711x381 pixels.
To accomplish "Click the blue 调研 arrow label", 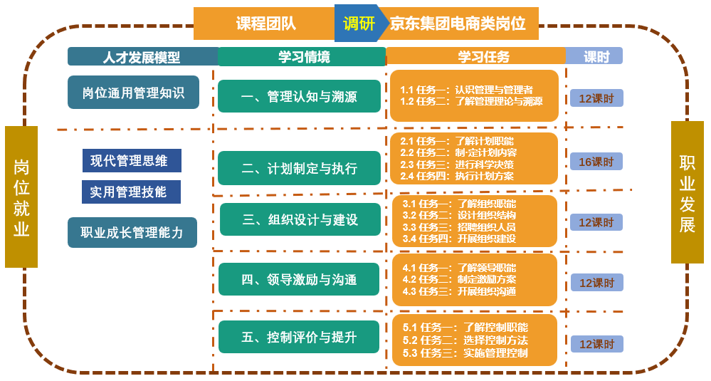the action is [x=358, y=24].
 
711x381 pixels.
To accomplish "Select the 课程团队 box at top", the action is [x=265, y=24].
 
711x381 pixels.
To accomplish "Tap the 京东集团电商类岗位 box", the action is [x=458, y=24].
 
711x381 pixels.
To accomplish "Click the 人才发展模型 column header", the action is [x=142, y=56].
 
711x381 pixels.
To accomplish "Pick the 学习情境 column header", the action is [x=302, y=56].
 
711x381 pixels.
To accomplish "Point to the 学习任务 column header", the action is [x=475, y=56].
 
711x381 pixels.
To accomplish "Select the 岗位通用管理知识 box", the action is [x=133, y=92].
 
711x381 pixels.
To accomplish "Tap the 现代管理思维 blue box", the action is [x=132, y=160].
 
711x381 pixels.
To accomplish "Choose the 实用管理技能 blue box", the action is [x=132, y=192].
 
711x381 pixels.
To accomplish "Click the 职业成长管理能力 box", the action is [x=132, y=232].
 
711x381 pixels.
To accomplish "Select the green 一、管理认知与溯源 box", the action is [x=299, y=96].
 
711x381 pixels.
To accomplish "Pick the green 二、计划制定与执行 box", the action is [x=299, y=168].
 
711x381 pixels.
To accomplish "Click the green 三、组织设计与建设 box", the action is [x=300, y=219].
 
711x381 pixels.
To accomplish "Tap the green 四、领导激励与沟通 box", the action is [x=299, y=279].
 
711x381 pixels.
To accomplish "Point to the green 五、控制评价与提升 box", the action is [x=299, y=337].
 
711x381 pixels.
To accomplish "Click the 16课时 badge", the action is [x=596, y=162].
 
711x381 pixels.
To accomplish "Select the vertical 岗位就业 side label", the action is [x=21, y=197].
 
